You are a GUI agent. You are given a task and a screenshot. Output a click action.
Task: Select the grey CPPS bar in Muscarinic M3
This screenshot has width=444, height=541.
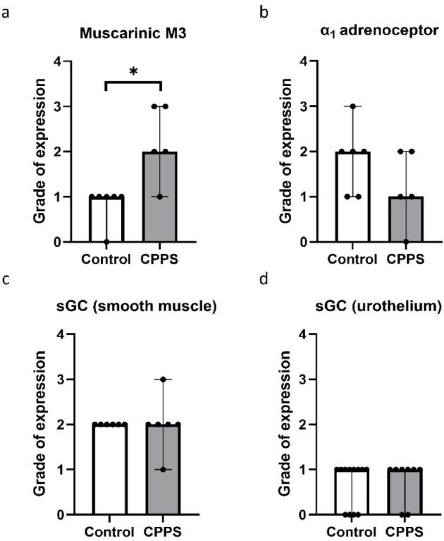161,197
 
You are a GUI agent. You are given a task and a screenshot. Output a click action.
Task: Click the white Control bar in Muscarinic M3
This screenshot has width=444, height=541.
107,219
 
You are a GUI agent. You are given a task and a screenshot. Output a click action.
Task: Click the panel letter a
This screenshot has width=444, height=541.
8,11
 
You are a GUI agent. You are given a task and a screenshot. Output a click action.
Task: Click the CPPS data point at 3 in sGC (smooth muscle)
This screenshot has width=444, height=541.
161,379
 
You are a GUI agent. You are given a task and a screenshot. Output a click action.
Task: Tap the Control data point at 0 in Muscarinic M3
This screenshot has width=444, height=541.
107,242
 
